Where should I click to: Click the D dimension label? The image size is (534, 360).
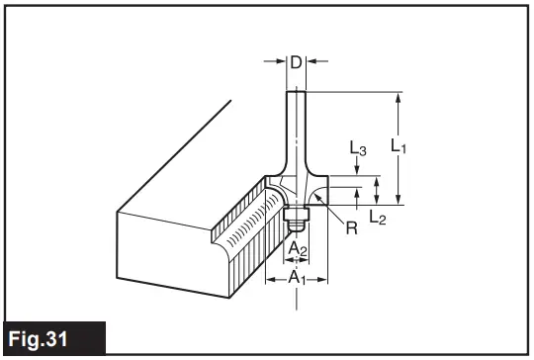(x=294, y=62)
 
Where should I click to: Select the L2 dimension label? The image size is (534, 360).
(x=377, y=217)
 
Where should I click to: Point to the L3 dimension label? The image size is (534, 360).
(x=359, y=150)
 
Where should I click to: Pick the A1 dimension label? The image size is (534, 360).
(x=296, y=279)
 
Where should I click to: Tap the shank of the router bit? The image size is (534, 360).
(x=295, y=129)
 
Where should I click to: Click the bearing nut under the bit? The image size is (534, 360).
(x=293, y=217)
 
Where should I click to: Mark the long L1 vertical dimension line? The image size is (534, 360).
(x=399, y=148)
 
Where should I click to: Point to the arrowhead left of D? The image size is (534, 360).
(x=278, y=62)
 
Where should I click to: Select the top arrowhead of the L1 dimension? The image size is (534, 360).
(x=399, y=97)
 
